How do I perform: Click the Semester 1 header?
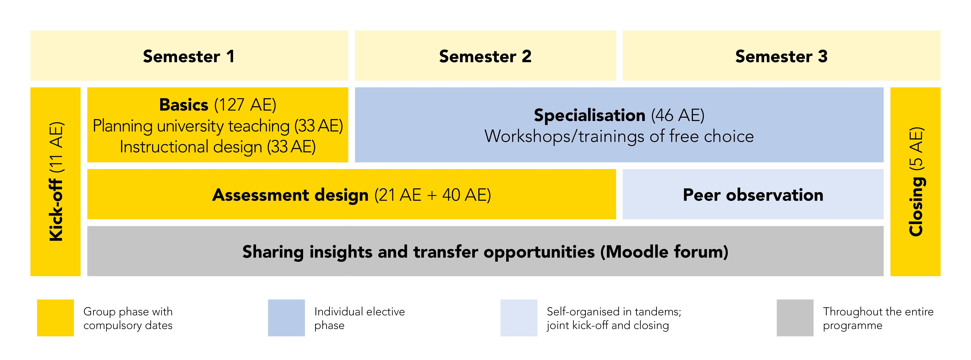189,55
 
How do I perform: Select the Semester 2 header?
485,55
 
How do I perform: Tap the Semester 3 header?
781,55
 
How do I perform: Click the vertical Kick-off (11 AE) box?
55,182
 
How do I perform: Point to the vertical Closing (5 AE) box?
915,182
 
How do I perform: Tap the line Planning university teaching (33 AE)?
218,126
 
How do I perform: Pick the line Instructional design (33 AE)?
218,147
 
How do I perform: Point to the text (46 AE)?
678,115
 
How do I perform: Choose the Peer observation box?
753,194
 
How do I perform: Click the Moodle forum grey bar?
485,251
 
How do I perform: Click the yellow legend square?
55,318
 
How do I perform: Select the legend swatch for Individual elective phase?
286,318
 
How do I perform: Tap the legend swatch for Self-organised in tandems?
519,318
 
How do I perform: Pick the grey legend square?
795,318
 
